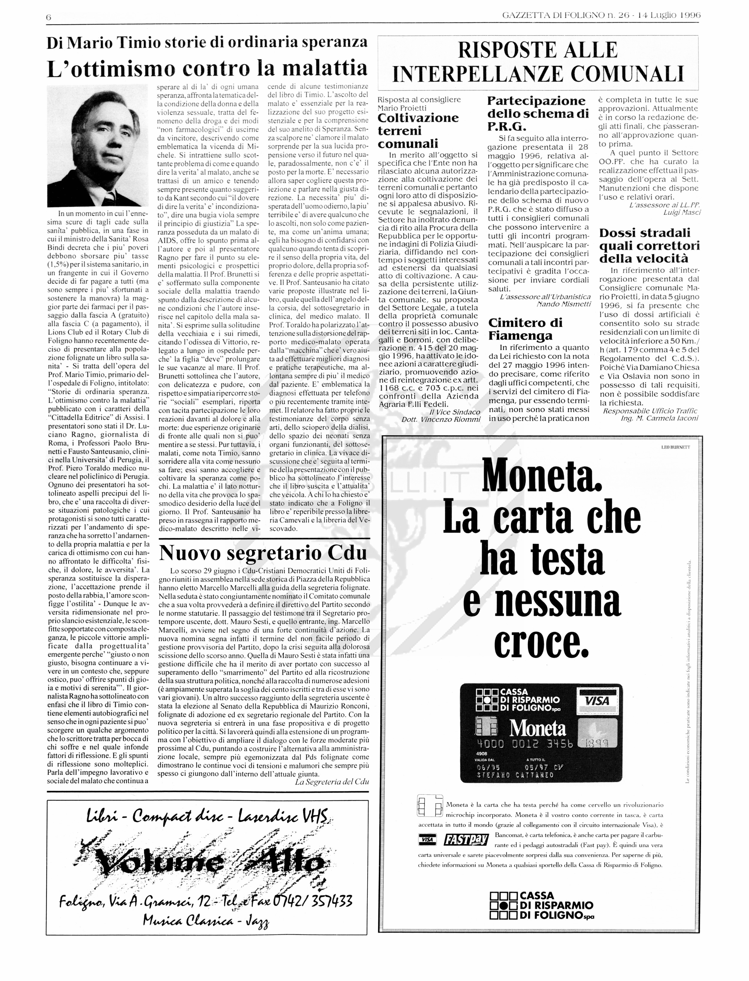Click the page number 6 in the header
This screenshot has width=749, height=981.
(49, 17)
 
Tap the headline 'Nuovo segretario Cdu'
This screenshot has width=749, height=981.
(263, 553)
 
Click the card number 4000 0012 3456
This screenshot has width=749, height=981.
(525, 744)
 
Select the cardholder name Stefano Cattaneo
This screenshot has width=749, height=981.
(515, 775)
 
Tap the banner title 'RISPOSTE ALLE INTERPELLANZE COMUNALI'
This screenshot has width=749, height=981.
(538, 62)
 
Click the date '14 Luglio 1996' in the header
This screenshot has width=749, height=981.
(669, 15)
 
